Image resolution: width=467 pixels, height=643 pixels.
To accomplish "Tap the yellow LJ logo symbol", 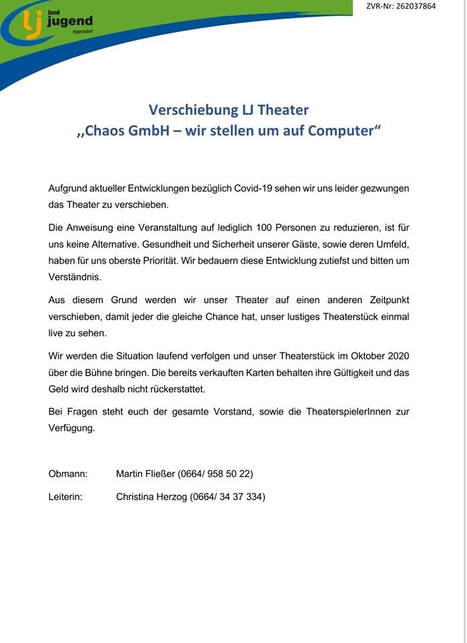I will coord(31,24).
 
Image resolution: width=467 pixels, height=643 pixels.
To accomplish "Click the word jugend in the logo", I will coord(70,22).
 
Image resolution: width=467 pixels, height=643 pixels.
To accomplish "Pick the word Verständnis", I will coord(75,277).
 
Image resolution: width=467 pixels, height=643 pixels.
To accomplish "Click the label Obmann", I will coord(68,474).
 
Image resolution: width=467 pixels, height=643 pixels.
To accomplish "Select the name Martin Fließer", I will coord(145,474).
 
